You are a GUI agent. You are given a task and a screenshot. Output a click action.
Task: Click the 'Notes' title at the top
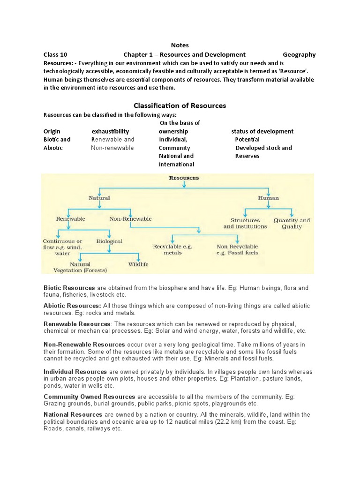[180, 45]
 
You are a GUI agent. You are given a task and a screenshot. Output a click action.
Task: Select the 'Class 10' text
[55, 54]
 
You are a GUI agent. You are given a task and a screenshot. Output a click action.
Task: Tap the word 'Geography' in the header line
[299, 54]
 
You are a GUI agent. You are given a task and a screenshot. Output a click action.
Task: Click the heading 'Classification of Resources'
[180, 105]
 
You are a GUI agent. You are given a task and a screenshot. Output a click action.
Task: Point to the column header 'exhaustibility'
[110, 131]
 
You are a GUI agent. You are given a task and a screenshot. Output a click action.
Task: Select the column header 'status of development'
[262, 131]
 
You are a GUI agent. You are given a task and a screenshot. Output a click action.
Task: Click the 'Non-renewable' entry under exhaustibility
[112, 148]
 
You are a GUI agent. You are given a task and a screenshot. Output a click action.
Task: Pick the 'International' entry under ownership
[176, 164]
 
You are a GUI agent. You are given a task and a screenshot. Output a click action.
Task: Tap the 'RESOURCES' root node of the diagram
[183, 178]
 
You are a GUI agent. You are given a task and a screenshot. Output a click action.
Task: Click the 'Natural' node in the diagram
[99, 198]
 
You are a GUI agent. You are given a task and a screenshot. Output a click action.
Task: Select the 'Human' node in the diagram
[268, 198]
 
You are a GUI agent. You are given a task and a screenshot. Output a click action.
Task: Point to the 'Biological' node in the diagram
[109, 241]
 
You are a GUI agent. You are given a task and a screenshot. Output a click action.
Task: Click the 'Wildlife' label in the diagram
[138, 264]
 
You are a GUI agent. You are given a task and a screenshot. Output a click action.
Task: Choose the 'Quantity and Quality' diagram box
[292, 223]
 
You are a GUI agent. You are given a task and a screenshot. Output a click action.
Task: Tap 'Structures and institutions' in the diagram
[245, 223]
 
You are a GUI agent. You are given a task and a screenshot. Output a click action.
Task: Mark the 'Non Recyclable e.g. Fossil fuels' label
[237, 249]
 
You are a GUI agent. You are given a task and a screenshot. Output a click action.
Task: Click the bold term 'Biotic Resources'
[69, 287]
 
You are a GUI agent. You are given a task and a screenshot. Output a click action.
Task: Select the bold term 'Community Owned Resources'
[89, 397]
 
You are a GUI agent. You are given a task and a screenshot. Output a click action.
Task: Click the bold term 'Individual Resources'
[75, 372]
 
